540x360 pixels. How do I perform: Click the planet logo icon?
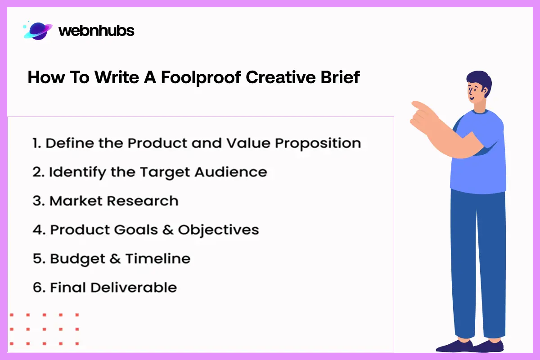coord(38,30)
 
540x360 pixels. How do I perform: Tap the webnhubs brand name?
coord(96,31)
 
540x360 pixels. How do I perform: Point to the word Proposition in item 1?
coord(318,143)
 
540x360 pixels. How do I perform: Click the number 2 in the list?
coord(36,172)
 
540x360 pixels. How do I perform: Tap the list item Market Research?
coord(114,201)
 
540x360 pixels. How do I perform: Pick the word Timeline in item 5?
coord(157,259)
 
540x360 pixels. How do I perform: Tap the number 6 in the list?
coord(37,288)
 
